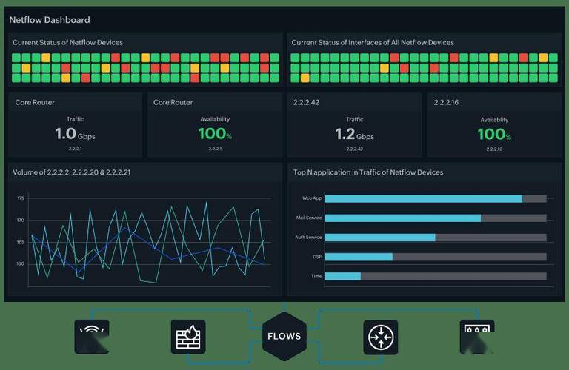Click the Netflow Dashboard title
pyautogui.click(x=49, y=19)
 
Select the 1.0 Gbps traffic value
pyautogui.click(x=75, y=135)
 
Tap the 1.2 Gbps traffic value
pyautogui.click(x=354, y=135)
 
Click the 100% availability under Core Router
pyautogui.click(x=215, y=135)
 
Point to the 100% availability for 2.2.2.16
pyautogui.click(x=494, y=135)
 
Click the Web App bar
pyautogui.click(x=423, y=198)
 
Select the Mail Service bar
pyautogui.click(x=402, y=218)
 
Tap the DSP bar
pyautogui.click(x=359, y=257)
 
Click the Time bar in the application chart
pyautogui.click(x=342, y=276)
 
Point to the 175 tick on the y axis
pyautogui.click(x=21, y=198)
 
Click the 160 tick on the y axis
pyautogui.click(x=21, y=263)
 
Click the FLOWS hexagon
pyautogui.click(x=284, y=336)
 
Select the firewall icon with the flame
pyautogui.click(x=188, y=337)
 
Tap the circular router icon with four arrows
pyautogui.click(x=381, y=337)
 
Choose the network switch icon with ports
pyautogui.click(x=477, y=334)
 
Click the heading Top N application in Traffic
pyautogui.click(x=368, y=172)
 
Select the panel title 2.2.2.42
pyautogui.click(x=306, y=102)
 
